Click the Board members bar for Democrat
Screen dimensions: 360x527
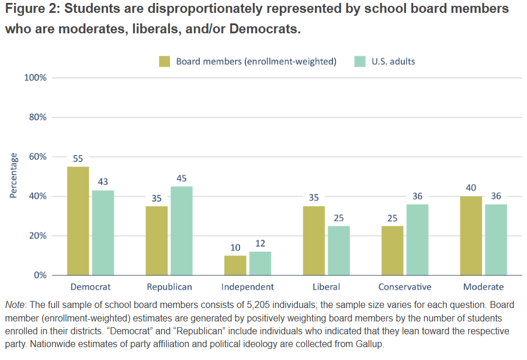tap(78, 221)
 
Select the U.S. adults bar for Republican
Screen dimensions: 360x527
tap(181, 231)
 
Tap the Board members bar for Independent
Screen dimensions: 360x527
tap(235, 265)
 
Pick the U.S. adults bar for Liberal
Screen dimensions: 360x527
tap(338, 251)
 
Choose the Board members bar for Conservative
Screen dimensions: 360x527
tap(392, 251)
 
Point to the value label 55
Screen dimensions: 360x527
tap(78, 158)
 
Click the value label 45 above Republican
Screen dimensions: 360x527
tap(181, 178)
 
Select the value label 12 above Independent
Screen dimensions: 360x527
tap(260, 243)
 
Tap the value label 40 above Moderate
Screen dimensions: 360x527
tap(471, 188)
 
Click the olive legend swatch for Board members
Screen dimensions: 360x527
tap(165, 61)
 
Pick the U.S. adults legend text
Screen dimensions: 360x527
tap(393, 61)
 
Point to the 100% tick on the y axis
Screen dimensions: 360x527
tap(36, 78)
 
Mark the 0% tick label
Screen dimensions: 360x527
tap(40, 275)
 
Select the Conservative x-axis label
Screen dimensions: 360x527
tap(404, 287)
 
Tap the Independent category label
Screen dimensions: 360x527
tap(248, 287)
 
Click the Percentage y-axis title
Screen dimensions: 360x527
tap(13, 176)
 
